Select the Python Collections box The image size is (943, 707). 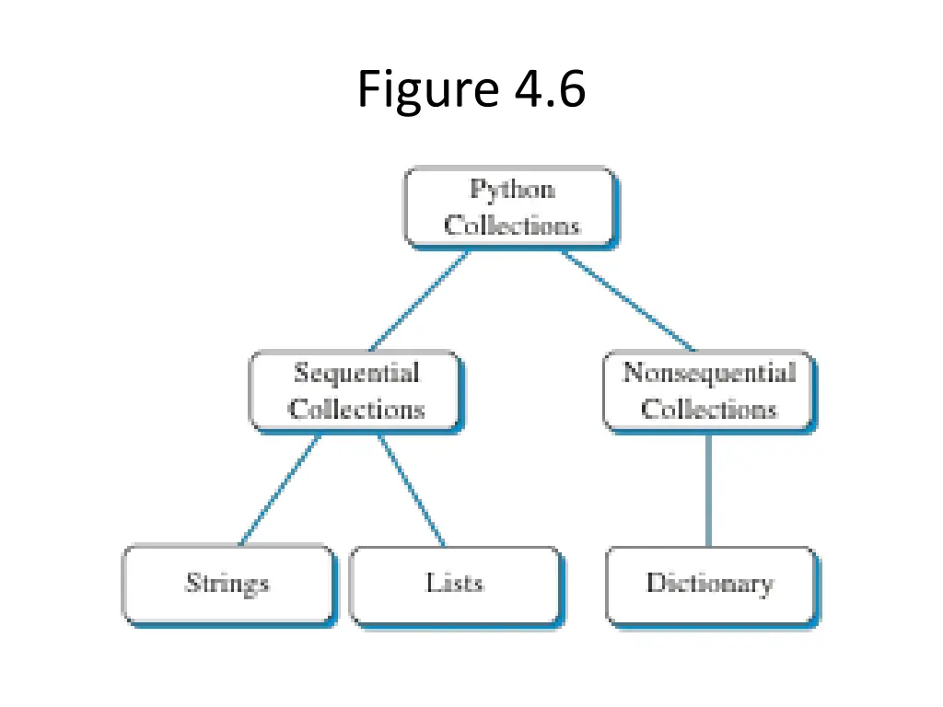(510, 207)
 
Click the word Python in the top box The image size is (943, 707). (512, 190)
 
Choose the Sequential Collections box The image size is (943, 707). (355, 391)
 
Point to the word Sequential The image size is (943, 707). (356, 373)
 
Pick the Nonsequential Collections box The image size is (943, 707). (707, 391)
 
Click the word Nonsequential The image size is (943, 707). (708, 373)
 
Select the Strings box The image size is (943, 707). (227, 585)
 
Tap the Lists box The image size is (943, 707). (455, 585)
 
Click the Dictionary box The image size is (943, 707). (711, 585)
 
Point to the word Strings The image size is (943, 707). (227, 584)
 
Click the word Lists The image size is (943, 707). (455, 583)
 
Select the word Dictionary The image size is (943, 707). (709, 584)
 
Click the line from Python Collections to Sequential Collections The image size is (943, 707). (419, 301)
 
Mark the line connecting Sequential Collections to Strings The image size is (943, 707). (279, 490)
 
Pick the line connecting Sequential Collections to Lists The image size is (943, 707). (412, 490)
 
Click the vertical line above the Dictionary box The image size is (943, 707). (708, 490)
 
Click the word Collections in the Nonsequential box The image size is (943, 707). (709, 410)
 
